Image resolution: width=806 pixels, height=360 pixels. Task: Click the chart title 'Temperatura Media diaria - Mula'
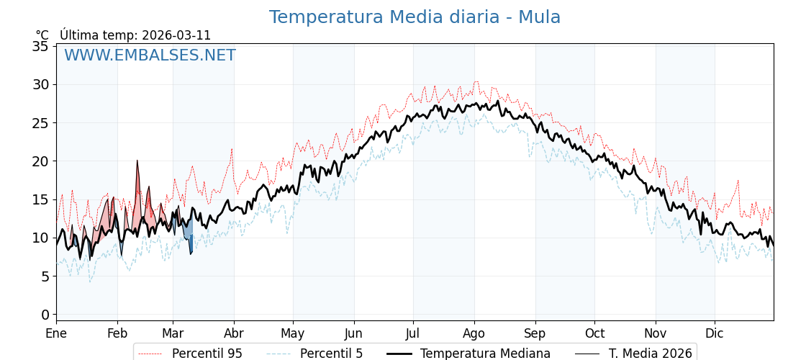tap(415, 17)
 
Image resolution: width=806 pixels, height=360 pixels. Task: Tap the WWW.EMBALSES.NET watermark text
tap(150, 55)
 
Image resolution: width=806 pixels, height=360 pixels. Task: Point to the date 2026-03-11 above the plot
tap(176, 35)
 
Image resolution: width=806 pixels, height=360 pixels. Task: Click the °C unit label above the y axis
tap(42, 35)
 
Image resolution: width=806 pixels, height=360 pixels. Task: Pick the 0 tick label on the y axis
tap(45, 315)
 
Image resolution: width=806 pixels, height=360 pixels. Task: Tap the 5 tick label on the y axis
tap(45, 276)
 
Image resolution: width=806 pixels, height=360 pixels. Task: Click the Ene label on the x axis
tap(56, 333)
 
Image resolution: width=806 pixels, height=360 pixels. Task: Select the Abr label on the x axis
tap(234, 333)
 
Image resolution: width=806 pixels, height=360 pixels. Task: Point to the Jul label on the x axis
tap(413, 333)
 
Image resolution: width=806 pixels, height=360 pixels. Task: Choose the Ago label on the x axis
tap(474, 333)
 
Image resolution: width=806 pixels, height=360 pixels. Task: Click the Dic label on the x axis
tap(715, 333)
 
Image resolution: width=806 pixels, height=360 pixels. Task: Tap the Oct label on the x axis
tap(594, 333)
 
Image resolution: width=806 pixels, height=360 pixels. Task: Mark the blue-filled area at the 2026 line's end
tap(189, 230)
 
